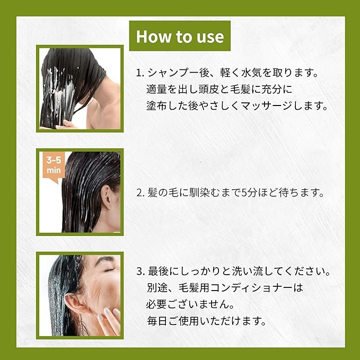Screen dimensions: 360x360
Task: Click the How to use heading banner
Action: (180, 36)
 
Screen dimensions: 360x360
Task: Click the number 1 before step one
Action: (139, 72)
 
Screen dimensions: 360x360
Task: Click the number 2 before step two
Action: (139, 193)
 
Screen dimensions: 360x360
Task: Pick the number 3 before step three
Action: (139, 271)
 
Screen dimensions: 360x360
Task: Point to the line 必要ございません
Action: (188, 305)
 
